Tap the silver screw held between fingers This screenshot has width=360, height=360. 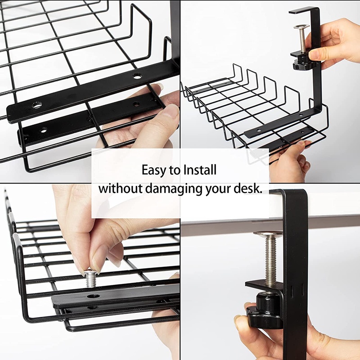click(x=91, y=279)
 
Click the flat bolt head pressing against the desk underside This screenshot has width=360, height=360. click(x=268, y=234)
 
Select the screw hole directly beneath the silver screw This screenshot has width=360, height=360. click(x=93, y=296)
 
